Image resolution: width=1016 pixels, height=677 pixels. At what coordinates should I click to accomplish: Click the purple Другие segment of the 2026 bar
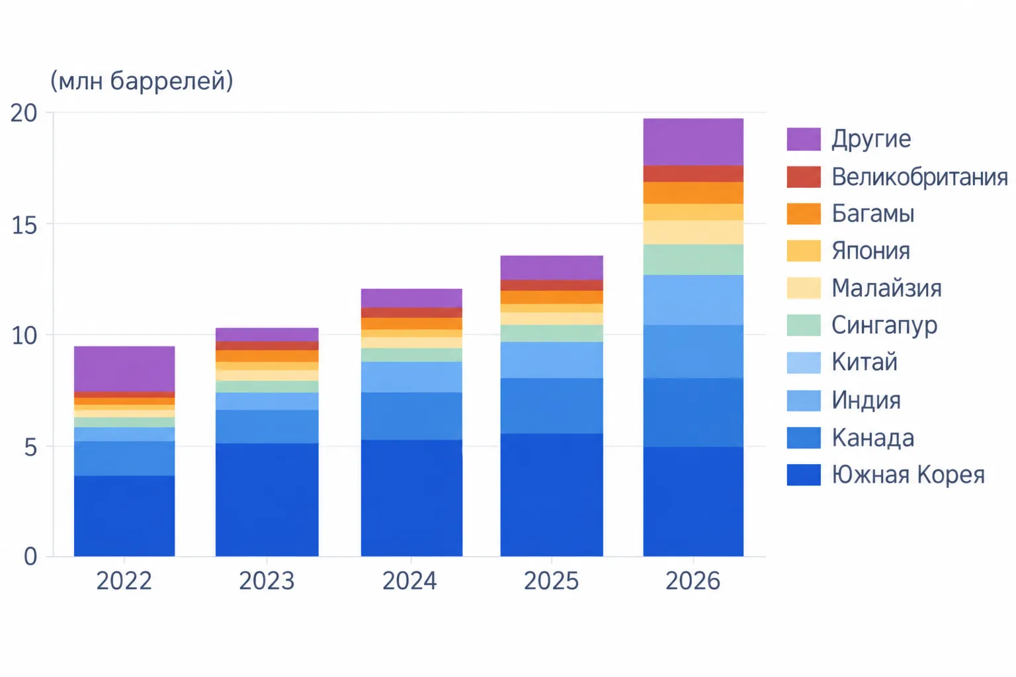click(x=693, y=142)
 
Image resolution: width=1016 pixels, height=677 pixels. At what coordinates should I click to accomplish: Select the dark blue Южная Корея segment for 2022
click(x=124, y=516)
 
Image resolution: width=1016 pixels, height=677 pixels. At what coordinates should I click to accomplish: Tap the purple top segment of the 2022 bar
click(x=124, y=369)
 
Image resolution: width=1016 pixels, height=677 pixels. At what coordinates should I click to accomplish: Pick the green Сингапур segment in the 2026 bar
click(x=693, y=260)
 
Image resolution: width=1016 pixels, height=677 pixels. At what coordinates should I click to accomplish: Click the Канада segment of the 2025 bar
click(x=552, y=406)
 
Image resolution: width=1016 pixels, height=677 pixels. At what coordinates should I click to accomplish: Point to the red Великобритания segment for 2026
click(x=693, y=174)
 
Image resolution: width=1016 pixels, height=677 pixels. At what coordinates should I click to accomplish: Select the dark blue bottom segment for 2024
click(x=411, y=498)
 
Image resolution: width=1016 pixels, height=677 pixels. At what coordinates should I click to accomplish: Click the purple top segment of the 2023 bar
click(x=267, y=335)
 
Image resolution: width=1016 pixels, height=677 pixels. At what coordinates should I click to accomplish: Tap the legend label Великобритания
click(x=920, y=177)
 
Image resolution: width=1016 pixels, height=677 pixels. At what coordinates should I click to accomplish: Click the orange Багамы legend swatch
click(x=804, y=214)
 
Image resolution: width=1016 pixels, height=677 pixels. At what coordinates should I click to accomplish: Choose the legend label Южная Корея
click(x=908, y=475)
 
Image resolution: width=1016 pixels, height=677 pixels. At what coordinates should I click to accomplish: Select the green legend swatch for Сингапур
click(x=804, y=325)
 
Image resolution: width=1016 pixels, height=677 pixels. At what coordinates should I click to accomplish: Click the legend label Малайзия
click(x=887, y=288)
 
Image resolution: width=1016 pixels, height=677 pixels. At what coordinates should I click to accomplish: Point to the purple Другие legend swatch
click(x=804, y=139)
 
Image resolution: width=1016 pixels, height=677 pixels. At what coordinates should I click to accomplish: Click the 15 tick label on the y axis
click(x=24, y=225)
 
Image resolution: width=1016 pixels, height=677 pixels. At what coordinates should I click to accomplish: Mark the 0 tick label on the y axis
click(x=30, y=557)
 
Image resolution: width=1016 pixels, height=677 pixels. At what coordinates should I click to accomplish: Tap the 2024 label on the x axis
click(x=409, y=581)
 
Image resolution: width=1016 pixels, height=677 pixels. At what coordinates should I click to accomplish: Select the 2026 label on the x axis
click(x=693, y=581)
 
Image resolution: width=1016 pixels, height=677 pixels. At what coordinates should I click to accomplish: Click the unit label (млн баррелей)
click(x=142, y=81)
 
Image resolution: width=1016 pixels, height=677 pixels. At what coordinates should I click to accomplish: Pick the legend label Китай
click(x=865, y=362)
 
